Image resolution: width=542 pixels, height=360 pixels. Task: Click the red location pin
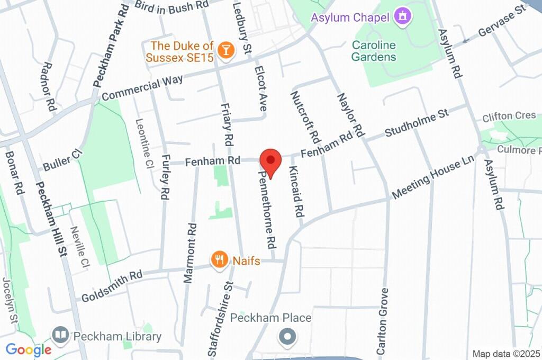pyautogui.click(x=270, y=160)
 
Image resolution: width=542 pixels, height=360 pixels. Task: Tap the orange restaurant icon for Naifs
pyautogui.click(x=219, y=260)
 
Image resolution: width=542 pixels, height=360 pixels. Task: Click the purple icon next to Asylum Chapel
pyautogui.click(x=403, y=16)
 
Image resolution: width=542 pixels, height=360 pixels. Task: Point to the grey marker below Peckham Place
pyautogui.click(x=288, y=336)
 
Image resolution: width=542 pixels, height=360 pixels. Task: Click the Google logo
pyautogui.click(x=28, y=349)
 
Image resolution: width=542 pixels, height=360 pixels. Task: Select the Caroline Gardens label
pyautogui.click(x=374, y=51)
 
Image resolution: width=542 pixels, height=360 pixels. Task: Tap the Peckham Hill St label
pyautogui.click(x=50, y=219)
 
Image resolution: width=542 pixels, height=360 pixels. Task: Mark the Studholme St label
pyautogui.click(x=417, y=122)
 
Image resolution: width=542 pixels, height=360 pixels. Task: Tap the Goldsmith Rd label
pyautogui.click(x=112, y=286)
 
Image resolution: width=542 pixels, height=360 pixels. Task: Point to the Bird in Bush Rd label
pyautogui.click(x=165, y=5)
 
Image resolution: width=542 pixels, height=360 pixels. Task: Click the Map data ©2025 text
pyautogui.click(x=507, y=354)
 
